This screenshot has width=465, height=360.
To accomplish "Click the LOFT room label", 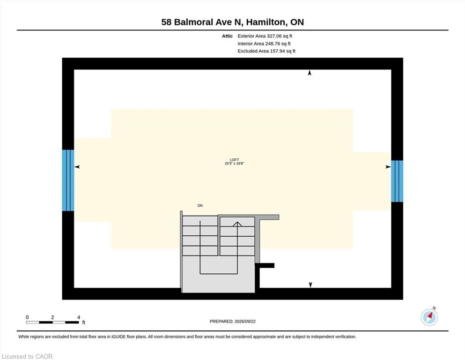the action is coord(234,160).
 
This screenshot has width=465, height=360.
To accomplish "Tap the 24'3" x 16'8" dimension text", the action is coord(234,164).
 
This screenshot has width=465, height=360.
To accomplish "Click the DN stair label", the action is coord(200,205).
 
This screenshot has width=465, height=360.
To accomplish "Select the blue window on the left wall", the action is coord(68,180).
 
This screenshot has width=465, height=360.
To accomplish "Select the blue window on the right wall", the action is coord(397,181).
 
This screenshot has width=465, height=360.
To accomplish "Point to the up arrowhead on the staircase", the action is coord(237,224).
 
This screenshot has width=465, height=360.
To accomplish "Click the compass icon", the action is coord(429,317).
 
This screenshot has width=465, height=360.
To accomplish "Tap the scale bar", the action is coord(52,322).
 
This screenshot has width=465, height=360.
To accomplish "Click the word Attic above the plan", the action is coord(228,36).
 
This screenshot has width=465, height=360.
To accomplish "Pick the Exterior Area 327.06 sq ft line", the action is coord(265,36).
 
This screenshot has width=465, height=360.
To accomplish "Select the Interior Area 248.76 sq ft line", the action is coord(264,44).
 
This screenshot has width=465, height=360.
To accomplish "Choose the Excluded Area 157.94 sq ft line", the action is coord(266,51).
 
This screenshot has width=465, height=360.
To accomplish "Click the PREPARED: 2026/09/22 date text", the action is coord(232,322).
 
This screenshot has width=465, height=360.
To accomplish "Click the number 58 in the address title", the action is coord(166,22).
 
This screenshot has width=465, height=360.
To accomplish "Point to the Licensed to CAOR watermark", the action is coord(27,356).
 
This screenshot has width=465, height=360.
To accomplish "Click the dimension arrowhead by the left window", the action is coord(77,167).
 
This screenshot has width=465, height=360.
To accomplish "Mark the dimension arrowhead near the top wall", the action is coord(310,73).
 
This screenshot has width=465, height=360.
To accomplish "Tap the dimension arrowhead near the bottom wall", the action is coord(310,285).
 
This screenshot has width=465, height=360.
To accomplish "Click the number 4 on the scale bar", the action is coord(79,317).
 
